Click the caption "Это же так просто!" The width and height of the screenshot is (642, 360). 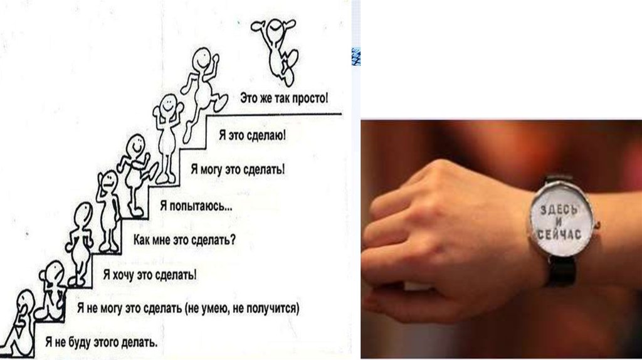click(x=284, y=98)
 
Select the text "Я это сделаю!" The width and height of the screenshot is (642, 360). click(x=253, y=135)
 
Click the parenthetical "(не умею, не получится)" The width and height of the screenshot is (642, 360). click(x=243, y=307)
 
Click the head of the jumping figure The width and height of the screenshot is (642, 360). click(x=273, y=31)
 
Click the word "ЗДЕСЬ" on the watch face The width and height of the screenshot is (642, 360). click(x=558, y=209)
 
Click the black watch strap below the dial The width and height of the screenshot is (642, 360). click(x=561, y=271)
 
